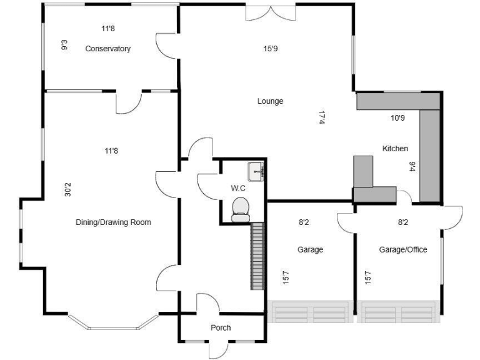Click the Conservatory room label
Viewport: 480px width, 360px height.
point(107,49)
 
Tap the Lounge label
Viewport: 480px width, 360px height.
point(270,101)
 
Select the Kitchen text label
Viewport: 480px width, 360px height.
point(395,149)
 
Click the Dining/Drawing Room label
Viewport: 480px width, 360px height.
point(113,222)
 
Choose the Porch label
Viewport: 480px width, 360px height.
point(221,327)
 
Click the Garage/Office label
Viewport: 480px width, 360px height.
point(403,250)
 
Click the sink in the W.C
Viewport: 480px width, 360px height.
point(256,171)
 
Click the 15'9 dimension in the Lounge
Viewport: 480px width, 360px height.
point(270,48)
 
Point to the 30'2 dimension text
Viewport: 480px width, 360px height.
point(67,190)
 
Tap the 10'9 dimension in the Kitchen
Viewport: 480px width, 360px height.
point(398,117)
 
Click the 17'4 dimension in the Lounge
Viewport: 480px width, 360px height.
point(322,117)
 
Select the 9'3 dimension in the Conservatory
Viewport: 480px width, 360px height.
point(64,45)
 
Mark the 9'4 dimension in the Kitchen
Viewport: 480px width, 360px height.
point(412,166)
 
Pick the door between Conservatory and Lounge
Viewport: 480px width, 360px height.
point(166,44)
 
